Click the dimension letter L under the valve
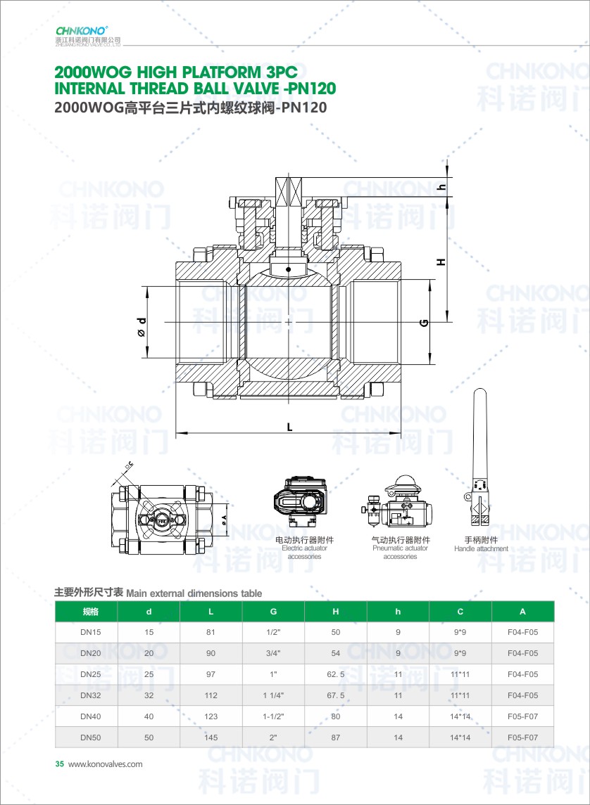pos(289,427)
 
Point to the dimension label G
pos(424,323)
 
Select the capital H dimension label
pos(441,262)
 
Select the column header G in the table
pos(273,612)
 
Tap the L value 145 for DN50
pos(211,738)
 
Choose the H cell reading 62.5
pos(335,674)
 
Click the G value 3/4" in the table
pos(273,653)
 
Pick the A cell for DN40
pos(522,716)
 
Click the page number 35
pos(59,764)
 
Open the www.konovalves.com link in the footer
pos(106,764)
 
